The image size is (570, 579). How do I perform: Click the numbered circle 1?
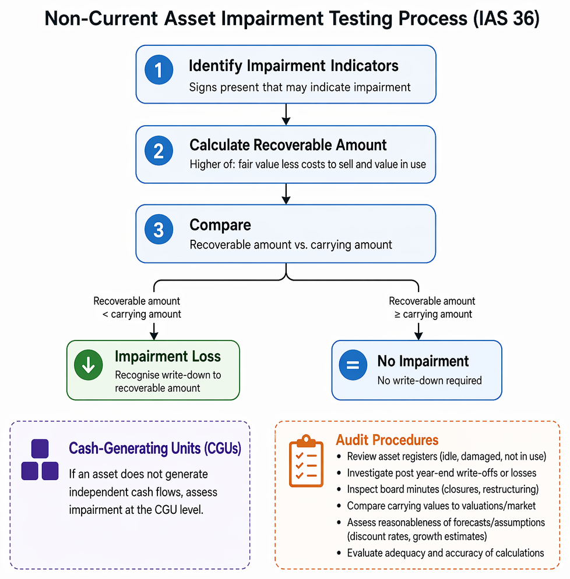159,70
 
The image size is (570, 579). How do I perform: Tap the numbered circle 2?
159,151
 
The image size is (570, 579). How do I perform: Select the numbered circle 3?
159,229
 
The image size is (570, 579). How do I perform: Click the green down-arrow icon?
89,365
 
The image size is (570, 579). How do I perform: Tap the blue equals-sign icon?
353,365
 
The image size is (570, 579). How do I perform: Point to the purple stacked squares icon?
40,459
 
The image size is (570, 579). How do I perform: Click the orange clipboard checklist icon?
306,461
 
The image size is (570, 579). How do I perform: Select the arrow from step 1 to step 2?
286,115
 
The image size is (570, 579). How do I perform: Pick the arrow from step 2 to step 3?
286,194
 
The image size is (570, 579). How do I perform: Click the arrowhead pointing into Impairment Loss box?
154,335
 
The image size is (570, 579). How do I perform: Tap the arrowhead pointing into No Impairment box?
418,335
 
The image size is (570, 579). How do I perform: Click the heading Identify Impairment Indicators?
294,66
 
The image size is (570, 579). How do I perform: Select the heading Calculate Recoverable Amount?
288,145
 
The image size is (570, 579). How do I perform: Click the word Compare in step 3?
220,225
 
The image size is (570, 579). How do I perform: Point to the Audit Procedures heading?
387,440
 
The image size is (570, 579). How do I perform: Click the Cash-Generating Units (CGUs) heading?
155,448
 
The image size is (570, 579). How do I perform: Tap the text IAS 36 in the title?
506,19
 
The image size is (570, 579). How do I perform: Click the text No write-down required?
430,381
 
